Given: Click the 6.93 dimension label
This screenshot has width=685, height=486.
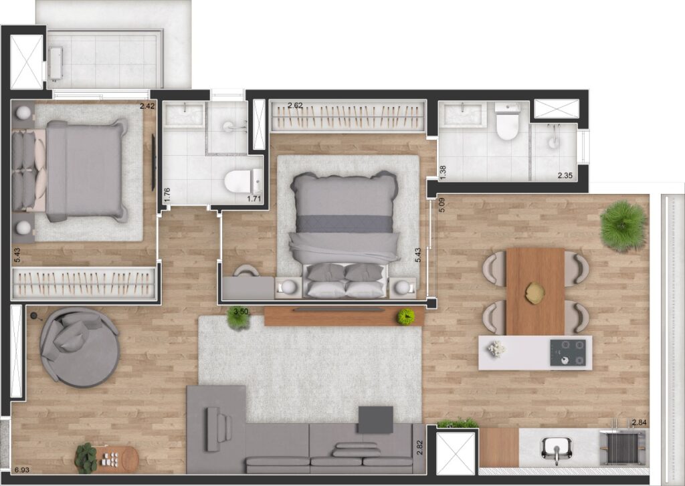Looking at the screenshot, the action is pyautogui.click(x=21, y=470).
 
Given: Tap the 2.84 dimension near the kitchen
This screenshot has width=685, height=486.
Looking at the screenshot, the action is pyautogui.click(x=639, y=422).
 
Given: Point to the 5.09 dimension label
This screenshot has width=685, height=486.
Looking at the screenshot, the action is pyautogui.click(x=442, y=205).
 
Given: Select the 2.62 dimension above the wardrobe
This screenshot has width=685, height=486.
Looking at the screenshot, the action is pyautogui.click(x=295, y=105).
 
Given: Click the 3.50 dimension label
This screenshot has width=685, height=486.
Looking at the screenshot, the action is pyautogui.click(x=241, y=312).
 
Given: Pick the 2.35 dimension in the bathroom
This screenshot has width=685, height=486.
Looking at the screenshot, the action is pyautogui.click(x=565, y=176).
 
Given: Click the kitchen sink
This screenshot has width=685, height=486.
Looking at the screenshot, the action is pyautogui.click(x=556, y=450).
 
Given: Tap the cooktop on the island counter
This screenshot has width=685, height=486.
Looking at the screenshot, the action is pyautogui.click(x=567, y=352).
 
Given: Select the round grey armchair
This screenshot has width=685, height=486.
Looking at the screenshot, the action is pyautogui.click(x=80, y=348).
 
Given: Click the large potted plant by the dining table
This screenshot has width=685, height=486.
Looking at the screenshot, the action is pyautogui.click(x=623, y=226).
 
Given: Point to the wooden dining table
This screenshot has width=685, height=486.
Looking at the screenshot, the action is pyautogui.click(x=535, y=291).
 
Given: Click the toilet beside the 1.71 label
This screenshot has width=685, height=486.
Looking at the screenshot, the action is pyautogui.click(x=243, y=181).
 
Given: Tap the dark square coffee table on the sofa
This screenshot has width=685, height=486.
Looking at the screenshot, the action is pyautogui.click(x=376, y=420).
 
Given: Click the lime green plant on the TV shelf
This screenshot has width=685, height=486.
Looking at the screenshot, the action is pyautogui.click(x=406, y=317).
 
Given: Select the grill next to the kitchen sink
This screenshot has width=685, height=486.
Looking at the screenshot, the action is pyautogui.click(x=623, y=448).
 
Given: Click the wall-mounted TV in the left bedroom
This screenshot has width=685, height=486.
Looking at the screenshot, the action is pyautogui.click(x=153, y=162).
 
